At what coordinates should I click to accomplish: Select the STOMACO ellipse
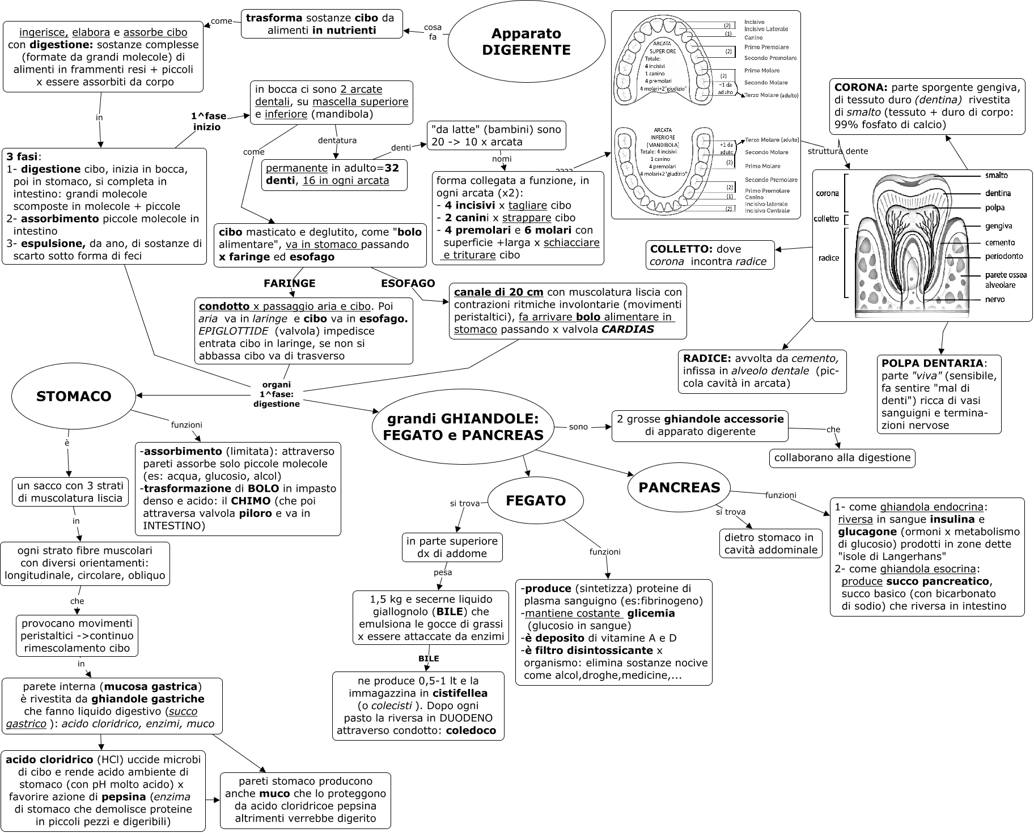point(74,396)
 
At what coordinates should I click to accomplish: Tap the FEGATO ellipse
point(536,500)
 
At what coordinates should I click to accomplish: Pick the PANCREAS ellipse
point(679,487)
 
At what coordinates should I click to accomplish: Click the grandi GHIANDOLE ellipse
point(463,427)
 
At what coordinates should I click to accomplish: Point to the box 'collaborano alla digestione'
point(842,458)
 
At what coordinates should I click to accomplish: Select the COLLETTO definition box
point(710,255)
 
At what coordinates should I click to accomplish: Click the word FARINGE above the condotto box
point(289,283)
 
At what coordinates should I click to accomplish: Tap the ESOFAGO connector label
point(408,283)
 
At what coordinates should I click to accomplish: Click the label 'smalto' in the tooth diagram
point(997,176)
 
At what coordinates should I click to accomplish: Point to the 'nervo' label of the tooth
point(995,299)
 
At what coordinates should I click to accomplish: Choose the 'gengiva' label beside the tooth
point(998,226)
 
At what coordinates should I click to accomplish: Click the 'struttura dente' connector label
point(837,151)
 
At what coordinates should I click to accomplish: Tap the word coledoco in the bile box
point(471,730)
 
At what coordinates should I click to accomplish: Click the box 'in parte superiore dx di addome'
point(452,547)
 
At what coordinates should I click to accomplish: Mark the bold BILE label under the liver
point(429,658)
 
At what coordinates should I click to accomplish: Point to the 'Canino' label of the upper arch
point(753,38)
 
